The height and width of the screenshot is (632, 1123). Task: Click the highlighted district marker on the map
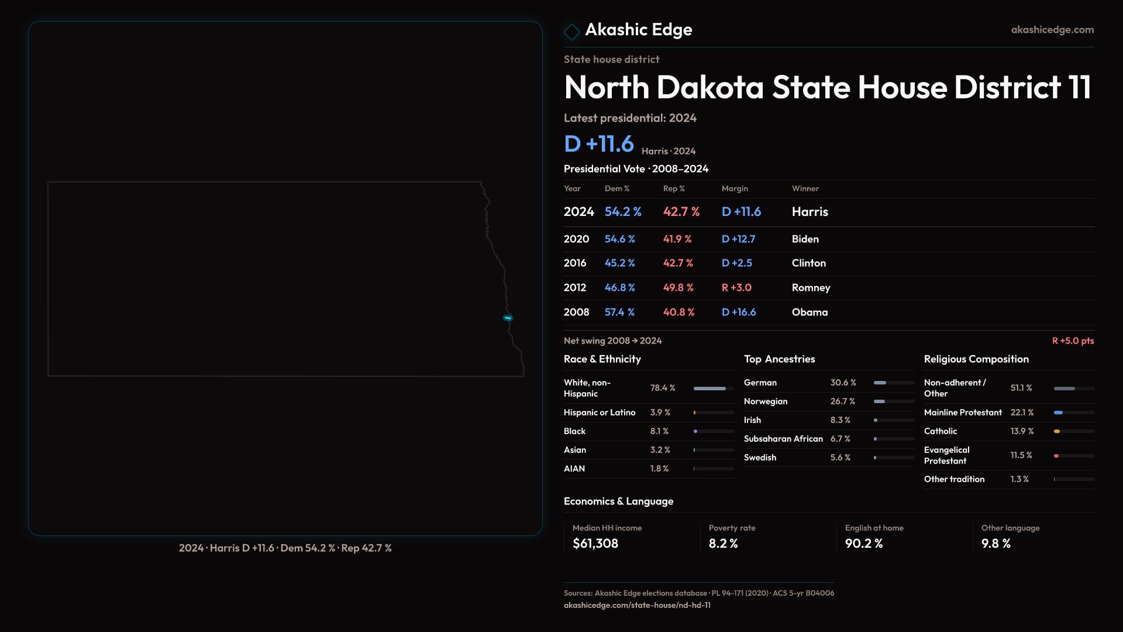pyautogui.click(x=508, y=318)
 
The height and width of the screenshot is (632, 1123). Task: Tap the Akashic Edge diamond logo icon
pyautogui.click(x=571, y=31)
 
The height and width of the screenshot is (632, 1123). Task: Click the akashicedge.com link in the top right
pyautogui.click(x=1052, y=30)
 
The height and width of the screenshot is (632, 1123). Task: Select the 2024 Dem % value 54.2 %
pyautogui.click(x=623, y=212)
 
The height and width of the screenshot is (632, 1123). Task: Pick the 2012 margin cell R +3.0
pyautogui.click(x=736, y=288)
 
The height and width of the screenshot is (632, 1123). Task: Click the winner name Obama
pyautogui.click(x=809, y=312)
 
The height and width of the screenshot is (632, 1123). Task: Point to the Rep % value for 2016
pyautogui.click(x=678, y=263)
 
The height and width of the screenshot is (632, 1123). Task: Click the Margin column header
pyautogui.click(x=735, y=188)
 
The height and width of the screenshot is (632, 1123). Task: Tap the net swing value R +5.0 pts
pyautogui.click(x=1073, y=341)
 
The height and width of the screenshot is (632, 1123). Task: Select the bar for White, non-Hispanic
pyautogui.click(x=709, y=389)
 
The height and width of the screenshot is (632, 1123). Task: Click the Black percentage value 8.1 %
pyautogui.click(x=659, y=431)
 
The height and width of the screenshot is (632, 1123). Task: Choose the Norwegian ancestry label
pyautogui.click(x=766, y=401)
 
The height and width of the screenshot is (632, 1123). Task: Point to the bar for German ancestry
pyautogui.click(x=880, y=383)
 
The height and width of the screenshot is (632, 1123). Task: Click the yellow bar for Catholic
pyautogui.click(x=1057, y=431)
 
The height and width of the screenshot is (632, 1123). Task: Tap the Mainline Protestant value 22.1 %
pyautogui.click(x=1022, y=413)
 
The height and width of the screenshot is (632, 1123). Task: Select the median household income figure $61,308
pyautogui.click(x=595, y=544)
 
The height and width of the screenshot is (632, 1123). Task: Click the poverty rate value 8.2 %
pyautogui.click(x=723, y=544)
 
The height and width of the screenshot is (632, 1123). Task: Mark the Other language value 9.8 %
pyautogui.click(x=995, y=544)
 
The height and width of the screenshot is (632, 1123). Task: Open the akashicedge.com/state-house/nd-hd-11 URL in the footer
pyautogui.click(x=637, y=605)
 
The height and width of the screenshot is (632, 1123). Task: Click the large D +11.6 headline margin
pyautogui.click(x=599, y=144)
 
